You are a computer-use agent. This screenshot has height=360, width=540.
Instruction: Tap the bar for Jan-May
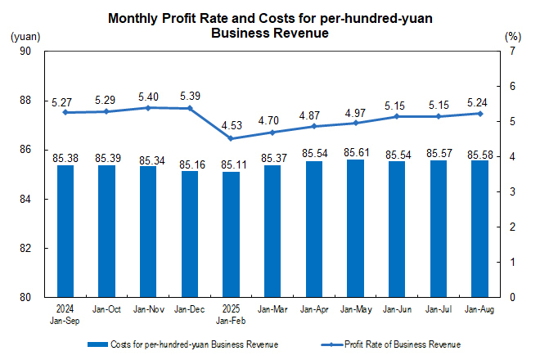click(356, 228)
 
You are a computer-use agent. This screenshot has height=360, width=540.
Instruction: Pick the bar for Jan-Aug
click(480, 229)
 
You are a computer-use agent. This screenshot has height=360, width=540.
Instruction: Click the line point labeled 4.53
click(232, 138)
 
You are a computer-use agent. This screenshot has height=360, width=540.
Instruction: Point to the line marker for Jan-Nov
click(148, 107)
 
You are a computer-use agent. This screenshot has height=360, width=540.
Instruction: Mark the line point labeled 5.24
click(480, 113)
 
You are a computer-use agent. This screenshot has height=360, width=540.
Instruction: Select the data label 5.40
click(148, 95)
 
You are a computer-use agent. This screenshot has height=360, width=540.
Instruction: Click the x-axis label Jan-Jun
click(398, 310)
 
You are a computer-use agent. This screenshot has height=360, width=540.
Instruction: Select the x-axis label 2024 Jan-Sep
click(65, 315)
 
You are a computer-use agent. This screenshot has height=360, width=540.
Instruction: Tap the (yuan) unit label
click(25, 36)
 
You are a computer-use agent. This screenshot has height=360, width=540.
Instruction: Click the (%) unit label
click(512, 36)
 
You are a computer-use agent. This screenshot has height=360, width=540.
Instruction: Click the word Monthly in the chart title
click(134, 18)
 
